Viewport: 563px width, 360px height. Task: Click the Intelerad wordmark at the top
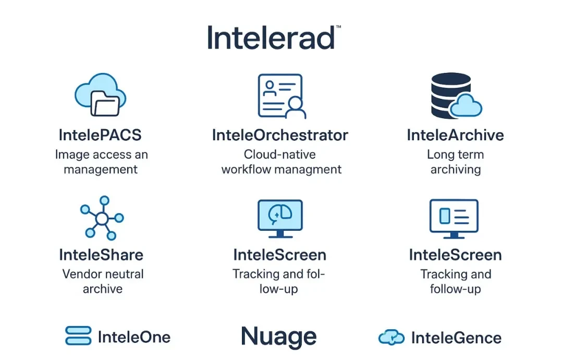[x=271, y=38]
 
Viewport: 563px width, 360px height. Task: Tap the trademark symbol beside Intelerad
[x=338, y=27]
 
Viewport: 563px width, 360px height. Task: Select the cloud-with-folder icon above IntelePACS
[x=100, y=95]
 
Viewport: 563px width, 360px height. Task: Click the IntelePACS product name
[x=100, y=135]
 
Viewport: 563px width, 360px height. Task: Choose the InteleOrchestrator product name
[x=280, y=135]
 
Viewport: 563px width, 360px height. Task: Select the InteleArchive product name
[x=455, y=135]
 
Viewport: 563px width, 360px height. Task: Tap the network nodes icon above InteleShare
[x=102, y=218]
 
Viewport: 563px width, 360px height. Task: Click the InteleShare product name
[x=101, y=255]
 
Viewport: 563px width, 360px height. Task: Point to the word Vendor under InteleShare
[x=82, y=274]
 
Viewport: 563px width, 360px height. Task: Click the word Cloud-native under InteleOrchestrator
[x=280, y=154]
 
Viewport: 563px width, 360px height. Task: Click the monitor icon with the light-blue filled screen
[x=280, y=219]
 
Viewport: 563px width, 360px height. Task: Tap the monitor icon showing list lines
[x=454, y=219]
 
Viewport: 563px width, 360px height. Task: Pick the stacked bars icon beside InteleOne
[x=78, y=335]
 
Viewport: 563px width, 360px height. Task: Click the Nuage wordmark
[x=278, y=337]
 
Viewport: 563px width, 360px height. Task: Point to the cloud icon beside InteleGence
[x=391, y=338]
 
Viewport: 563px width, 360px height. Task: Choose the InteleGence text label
[x=456, y=338]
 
